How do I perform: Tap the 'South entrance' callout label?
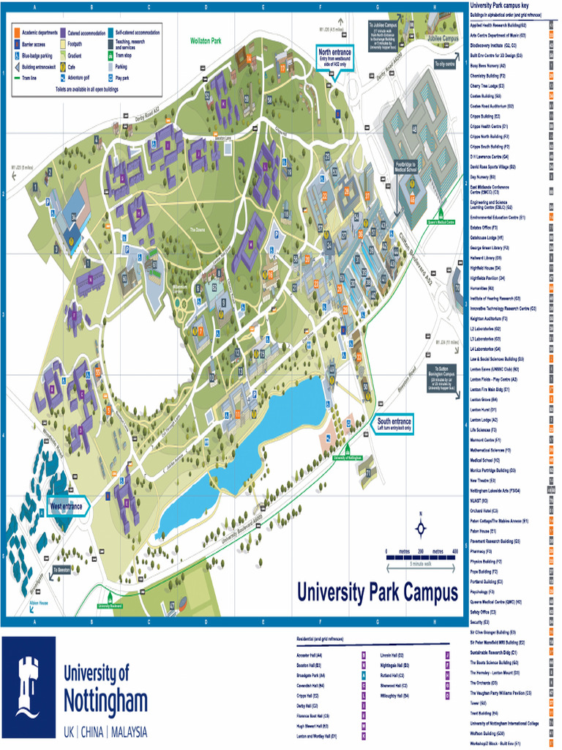tap(394, 425)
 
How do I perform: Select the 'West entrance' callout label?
tap(67, 506)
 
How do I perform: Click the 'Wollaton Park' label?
tap(205, 41)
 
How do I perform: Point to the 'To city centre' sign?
tap(445, 64)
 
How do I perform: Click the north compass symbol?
tap(420, 527)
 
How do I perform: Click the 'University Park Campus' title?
tap(377, 592)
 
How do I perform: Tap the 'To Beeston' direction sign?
tap(61, 568)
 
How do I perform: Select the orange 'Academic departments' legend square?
tap(18, 33)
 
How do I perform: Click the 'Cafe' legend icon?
tap(63, 66)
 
